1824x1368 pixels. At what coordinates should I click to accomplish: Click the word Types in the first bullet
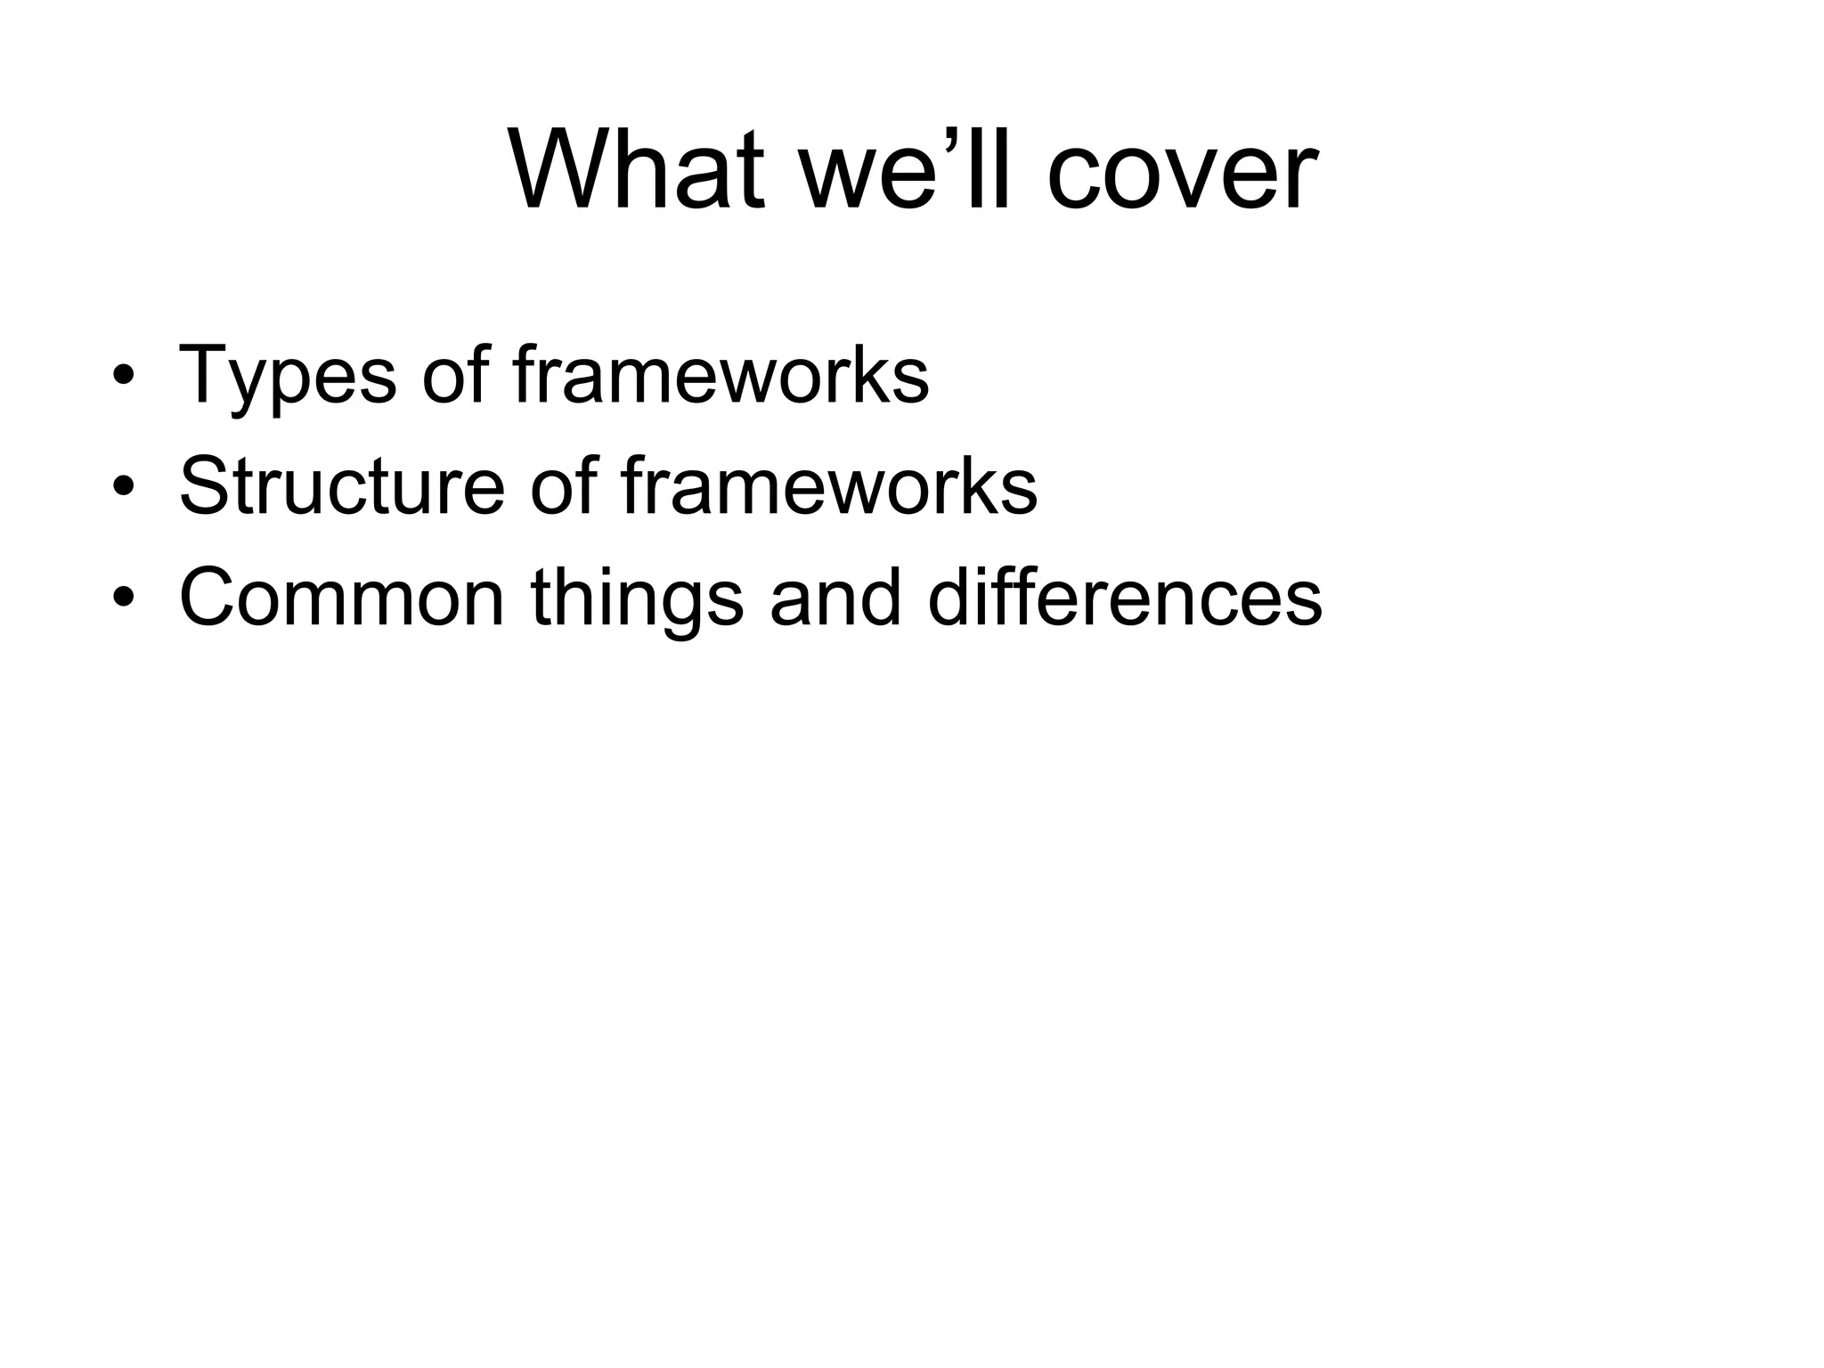coord(287,376)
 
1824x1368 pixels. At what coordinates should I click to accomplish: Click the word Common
coord(341,598)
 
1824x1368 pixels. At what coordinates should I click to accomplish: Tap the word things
coord(636,599)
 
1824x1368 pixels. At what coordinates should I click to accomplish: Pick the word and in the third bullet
coord(835,598)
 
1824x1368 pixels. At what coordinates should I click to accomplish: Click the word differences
coord(1124,598)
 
